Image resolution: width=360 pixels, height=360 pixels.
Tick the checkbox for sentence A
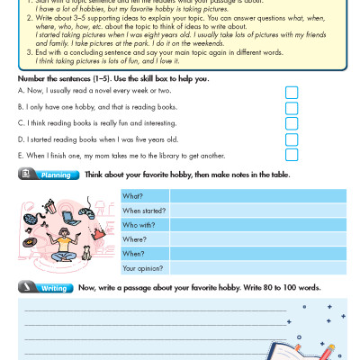tap(291, 93)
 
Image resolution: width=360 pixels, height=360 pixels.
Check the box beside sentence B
tap(291, 108)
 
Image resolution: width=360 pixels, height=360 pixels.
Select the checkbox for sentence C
tap(291, 124)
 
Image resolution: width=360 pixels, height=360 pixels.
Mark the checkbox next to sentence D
tap(291, 139)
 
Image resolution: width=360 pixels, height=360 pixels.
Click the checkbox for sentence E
tap(291, 155)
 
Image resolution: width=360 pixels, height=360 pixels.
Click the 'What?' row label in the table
tap(132, 195)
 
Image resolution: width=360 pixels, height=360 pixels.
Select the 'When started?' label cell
tap(139, 210)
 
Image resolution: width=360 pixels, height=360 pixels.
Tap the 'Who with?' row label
tap(136, 224)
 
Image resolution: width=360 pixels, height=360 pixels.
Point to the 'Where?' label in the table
tap(133, 239)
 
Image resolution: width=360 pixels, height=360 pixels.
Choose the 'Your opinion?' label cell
tap(141, 268)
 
